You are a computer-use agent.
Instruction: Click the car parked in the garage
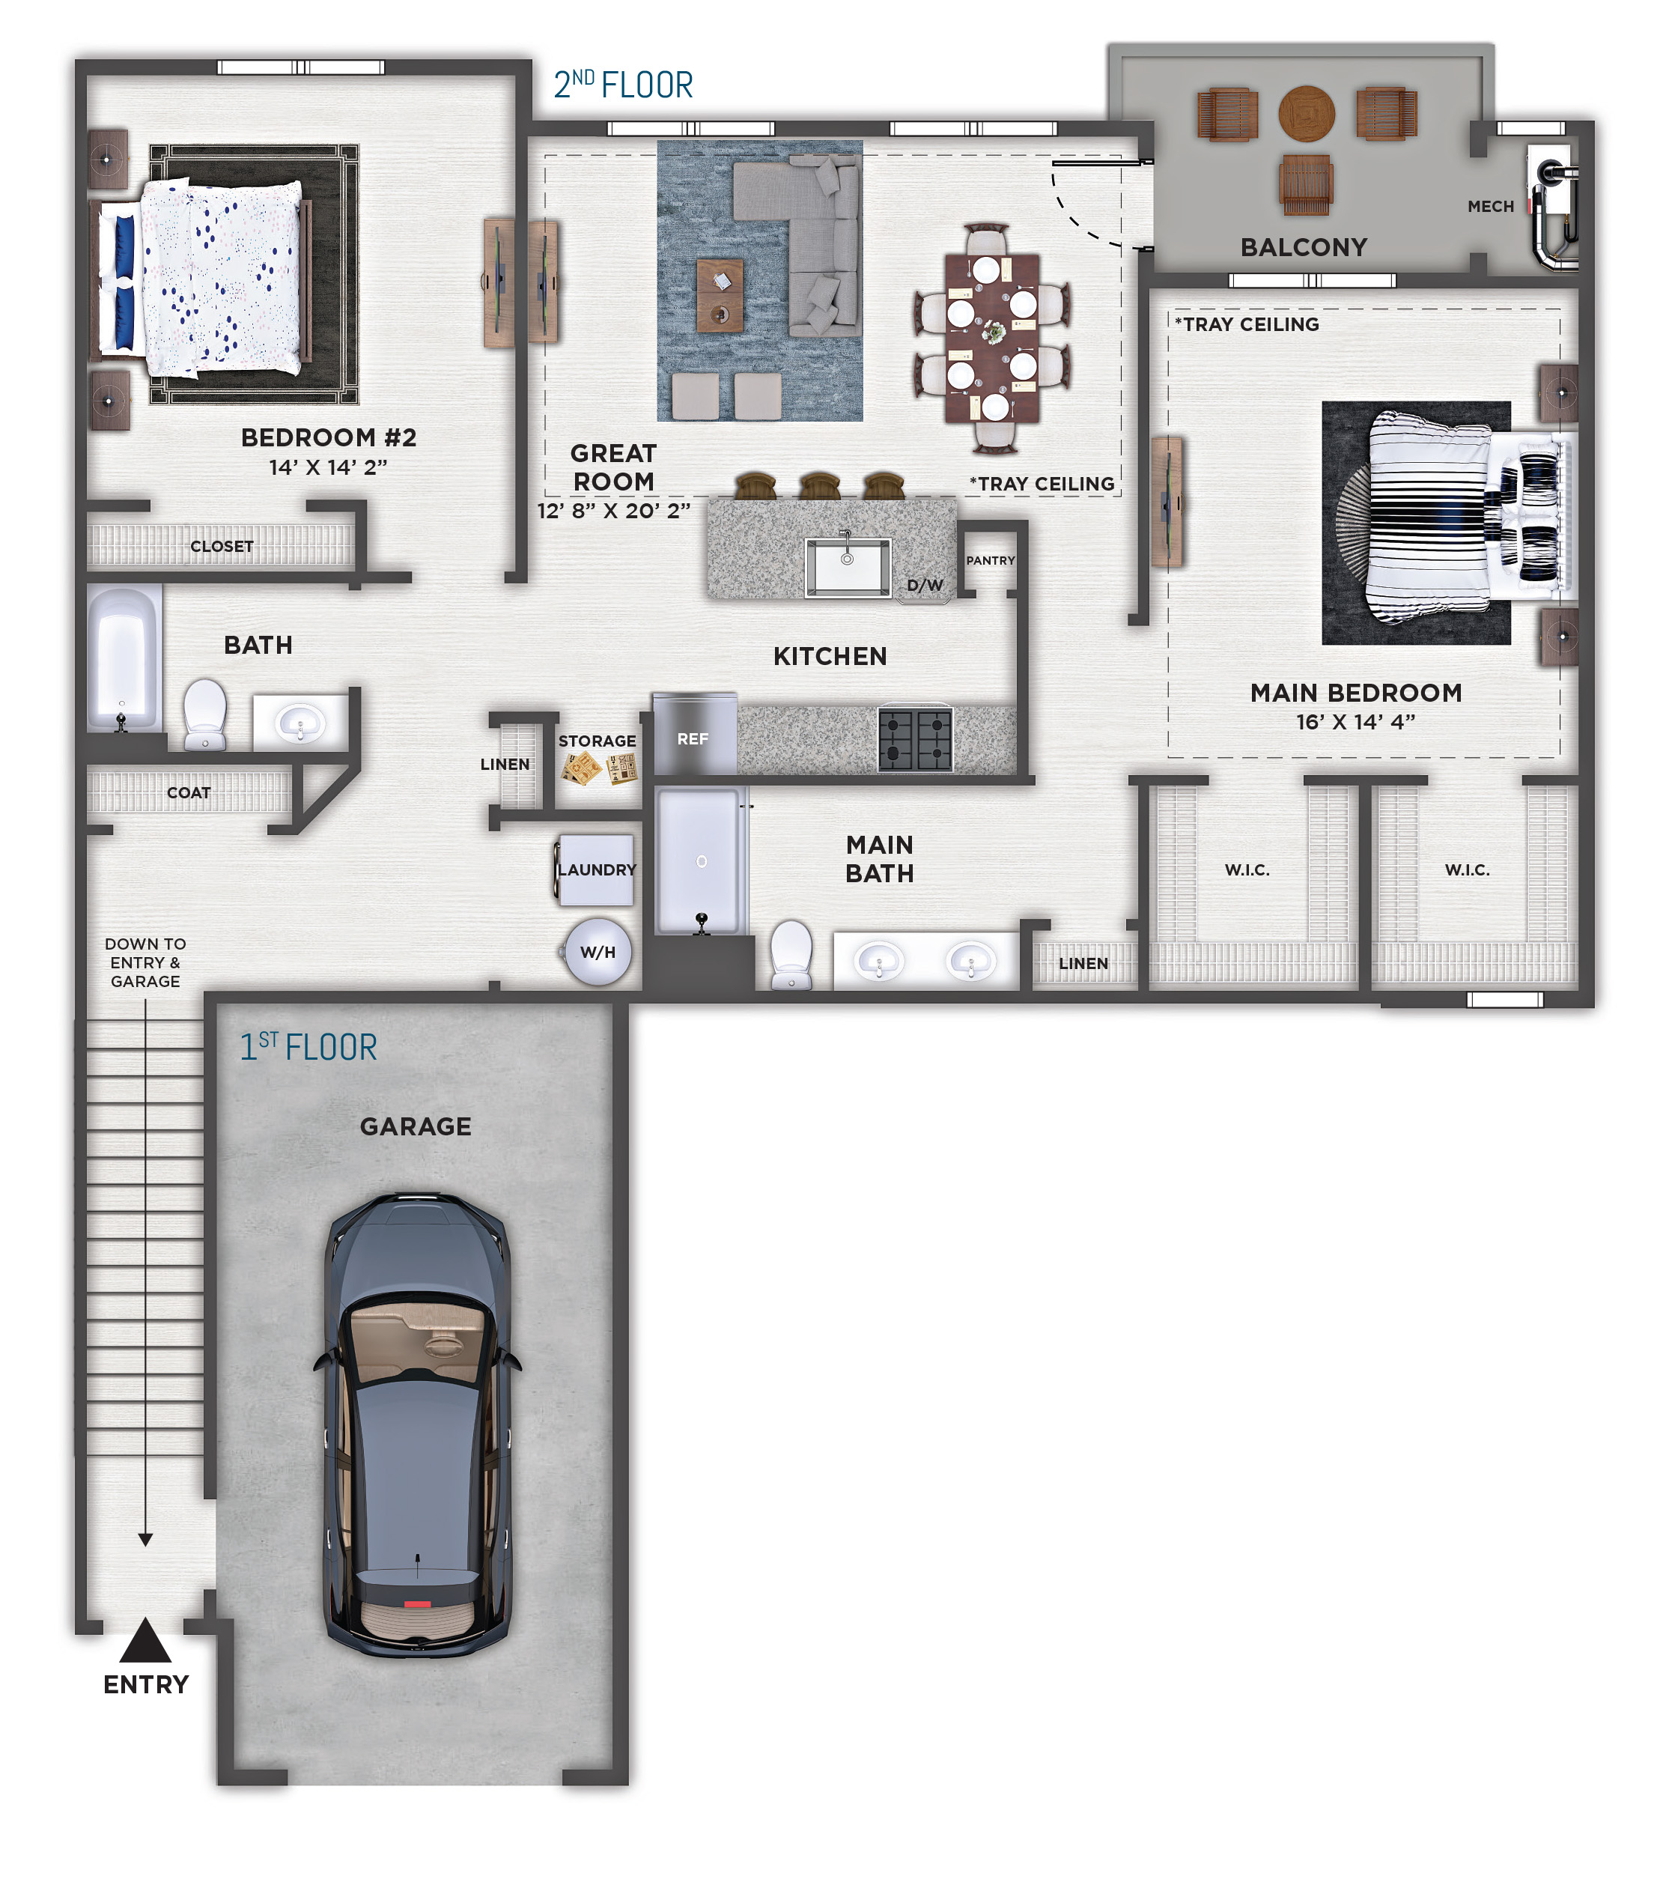coord(417,1425)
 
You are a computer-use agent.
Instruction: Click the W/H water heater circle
coord(598,952)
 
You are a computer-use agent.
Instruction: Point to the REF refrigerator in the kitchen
coord(694,734)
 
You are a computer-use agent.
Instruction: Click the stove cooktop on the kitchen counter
coord(914,738)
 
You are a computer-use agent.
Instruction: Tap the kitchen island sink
coord(848,566)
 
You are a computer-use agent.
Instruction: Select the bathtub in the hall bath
coord(124,658)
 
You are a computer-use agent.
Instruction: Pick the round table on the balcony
coord(1307,113)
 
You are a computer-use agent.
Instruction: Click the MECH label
coord(1491,207)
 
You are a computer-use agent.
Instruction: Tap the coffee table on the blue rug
coord(719,294)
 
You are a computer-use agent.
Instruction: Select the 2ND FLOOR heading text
coord(623,85)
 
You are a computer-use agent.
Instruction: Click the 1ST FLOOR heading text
coord(308,1047)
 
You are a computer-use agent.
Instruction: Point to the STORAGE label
coord(597,741)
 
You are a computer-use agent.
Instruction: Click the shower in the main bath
coord(700,860)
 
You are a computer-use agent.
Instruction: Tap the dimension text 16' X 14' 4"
coord(1355,722)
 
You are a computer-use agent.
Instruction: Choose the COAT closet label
coord(189,793)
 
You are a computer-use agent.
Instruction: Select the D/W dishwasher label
coord(925,586)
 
